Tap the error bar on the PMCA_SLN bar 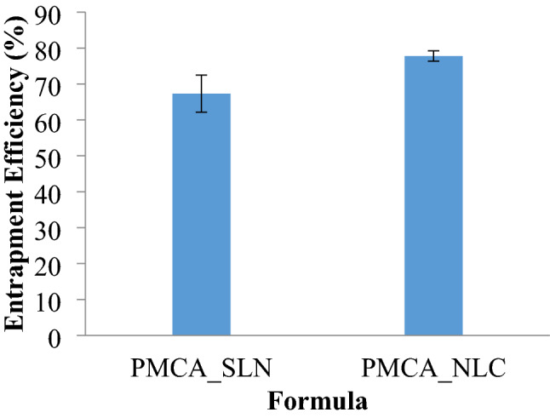click(202, 94)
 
